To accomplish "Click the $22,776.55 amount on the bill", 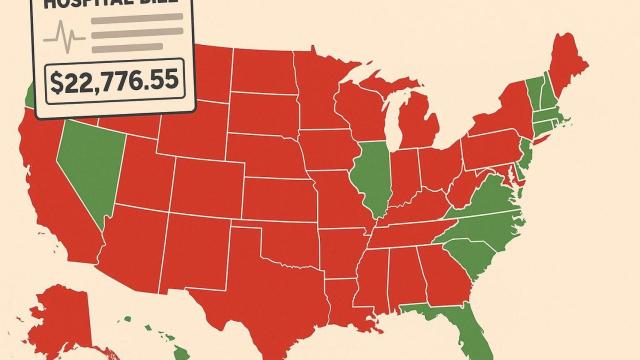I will [112, 81].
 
